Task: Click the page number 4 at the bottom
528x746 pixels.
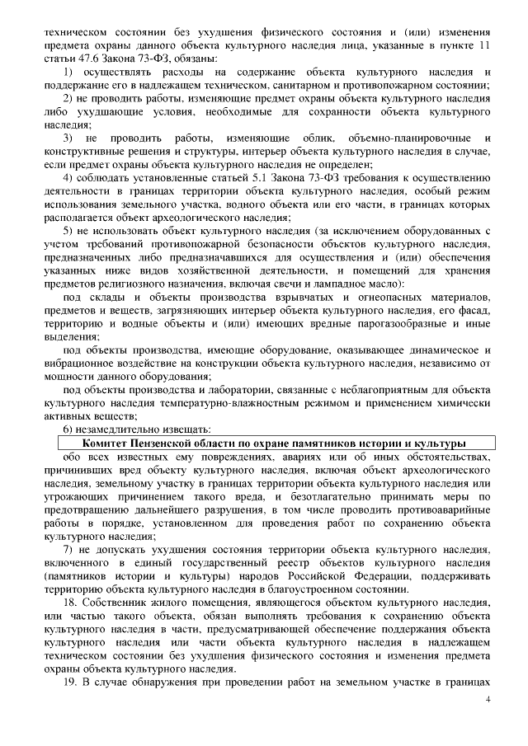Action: click(x=488, y=698)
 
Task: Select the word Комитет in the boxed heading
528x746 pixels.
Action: click(x=94, y=443)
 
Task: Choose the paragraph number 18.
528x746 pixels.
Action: click(x=70, y=605)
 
